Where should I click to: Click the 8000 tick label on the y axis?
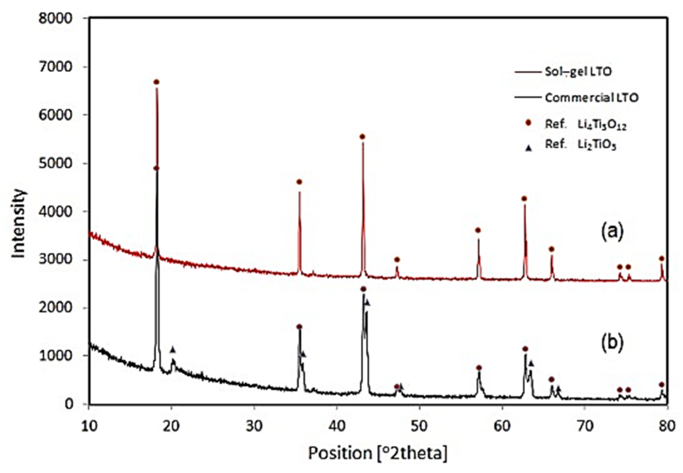55,18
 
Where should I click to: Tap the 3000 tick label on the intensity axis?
55,260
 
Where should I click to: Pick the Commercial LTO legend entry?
592,98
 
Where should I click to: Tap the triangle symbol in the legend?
528,149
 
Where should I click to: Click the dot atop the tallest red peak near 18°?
157,82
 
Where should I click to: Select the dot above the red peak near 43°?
362,137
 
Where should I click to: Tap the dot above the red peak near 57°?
478,230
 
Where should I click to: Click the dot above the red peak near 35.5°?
299,182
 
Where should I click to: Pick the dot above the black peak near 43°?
363,289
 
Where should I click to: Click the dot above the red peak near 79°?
662,259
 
